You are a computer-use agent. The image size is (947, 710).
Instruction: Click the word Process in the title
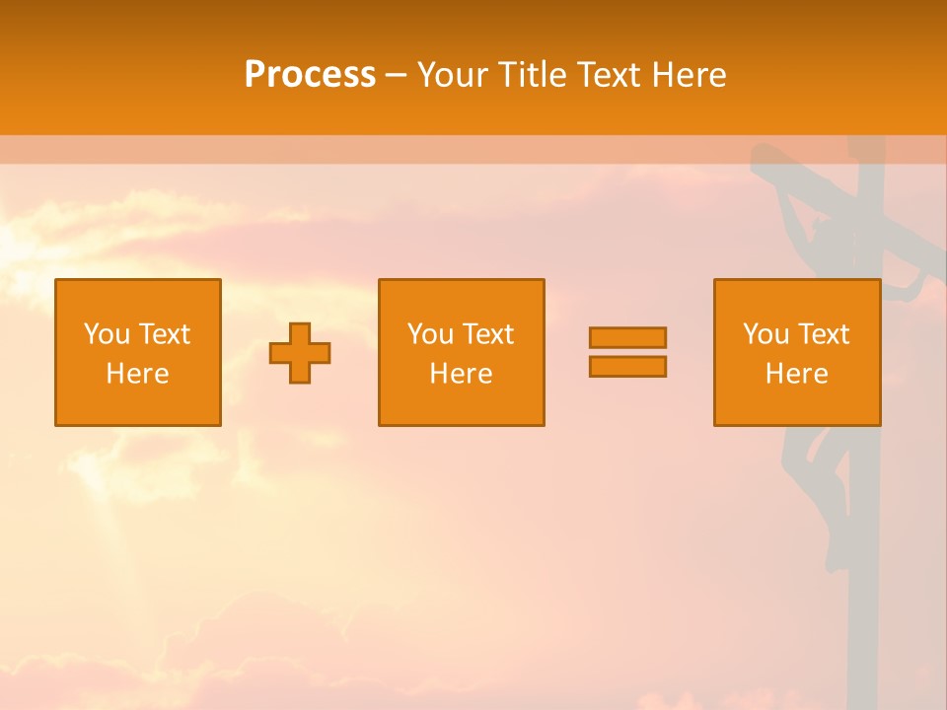coord(310,75)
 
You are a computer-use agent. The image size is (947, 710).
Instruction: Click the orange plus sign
coord(300,353)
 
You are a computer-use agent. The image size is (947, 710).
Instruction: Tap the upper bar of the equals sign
coord(627,337)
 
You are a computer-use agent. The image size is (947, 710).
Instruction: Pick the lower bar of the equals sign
coord(627,366)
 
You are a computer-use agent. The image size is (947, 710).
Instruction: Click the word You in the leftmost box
coord(107,334)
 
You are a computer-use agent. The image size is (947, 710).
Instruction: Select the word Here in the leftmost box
coord(137,374)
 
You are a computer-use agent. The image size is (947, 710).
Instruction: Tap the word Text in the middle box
coord(487,334)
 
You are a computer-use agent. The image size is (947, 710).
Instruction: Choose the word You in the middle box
coord(430,334)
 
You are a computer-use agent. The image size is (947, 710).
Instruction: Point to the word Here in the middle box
coord(461,374)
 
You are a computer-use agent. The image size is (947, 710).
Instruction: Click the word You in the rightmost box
coord(765,334)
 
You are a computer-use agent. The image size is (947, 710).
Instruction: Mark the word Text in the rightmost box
coord(823,334)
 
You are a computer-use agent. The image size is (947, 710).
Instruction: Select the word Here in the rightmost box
coord(796,374)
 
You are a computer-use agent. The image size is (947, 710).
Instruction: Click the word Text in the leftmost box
coord(164,334)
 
